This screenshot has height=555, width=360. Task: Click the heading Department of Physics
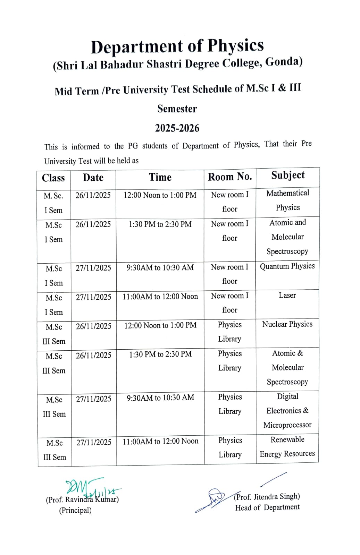[x=177, y=46]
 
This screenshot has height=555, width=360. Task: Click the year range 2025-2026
[x=177, y=128]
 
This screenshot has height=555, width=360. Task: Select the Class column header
[x=53, y=178]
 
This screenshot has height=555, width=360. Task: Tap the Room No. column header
[x=230, y=177]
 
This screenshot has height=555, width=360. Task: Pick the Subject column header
[x=288, y=175]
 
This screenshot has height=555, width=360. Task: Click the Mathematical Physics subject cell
[x=288, y=200]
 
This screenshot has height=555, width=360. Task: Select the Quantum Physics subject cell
[x=287, y=266]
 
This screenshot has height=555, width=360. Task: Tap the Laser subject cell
[x=287, y=295]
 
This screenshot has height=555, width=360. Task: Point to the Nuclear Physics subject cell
[x=287, y=324]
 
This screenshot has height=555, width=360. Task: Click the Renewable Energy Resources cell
[x=287, y=446]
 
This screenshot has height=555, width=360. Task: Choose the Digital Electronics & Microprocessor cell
[x=287, y=411]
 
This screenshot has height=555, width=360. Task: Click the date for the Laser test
[x=94, y=297]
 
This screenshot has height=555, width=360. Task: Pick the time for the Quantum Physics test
[x=160, y=267]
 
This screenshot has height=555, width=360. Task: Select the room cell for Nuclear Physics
[x=230, y=332]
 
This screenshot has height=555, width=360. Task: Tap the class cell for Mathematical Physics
[x=53, y=203]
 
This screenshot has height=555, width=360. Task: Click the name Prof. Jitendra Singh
[x=267, y=497]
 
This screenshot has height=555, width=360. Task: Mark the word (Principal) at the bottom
[x=75, y=510]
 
